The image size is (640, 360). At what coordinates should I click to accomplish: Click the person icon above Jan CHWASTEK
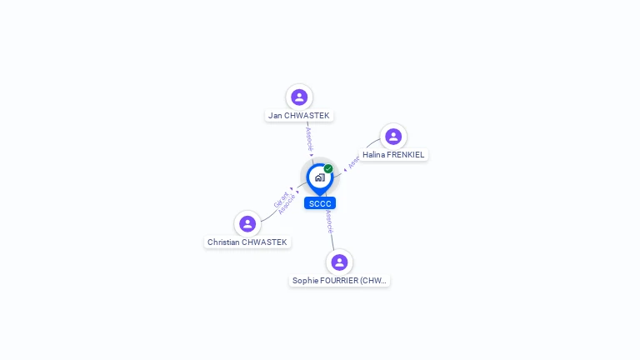(x=299, y=97)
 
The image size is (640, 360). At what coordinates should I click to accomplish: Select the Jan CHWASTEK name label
(x=299, y=116)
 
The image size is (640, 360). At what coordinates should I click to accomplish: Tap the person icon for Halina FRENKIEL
(x=393, y=136)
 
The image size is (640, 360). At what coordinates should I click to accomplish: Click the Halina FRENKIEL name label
(x=393, y=155)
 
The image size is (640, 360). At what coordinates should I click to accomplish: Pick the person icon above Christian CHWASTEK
(x=247, y=223)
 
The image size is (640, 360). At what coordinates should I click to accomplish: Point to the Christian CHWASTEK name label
(x=247, y=242)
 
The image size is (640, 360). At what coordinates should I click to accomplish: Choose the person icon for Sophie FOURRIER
(x=339, y=262)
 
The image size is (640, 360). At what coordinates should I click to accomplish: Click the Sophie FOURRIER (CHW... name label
(x=339, y=281)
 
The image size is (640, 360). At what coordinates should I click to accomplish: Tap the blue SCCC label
(x=320, y=203)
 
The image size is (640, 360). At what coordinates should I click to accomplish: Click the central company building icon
(x=319, y=177)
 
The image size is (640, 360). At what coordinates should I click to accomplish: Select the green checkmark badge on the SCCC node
(x=328, y=168)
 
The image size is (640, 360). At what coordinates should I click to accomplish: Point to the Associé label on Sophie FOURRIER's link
(x=330, y=222)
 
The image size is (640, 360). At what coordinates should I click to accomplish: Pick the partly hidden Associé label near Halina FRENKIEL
(x=353, y=162)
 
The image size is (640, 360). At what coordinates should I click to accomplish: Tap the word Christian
(x=223, y=242)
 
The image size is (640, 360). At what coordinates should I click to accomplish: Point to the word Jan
(x=274, y=116)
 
